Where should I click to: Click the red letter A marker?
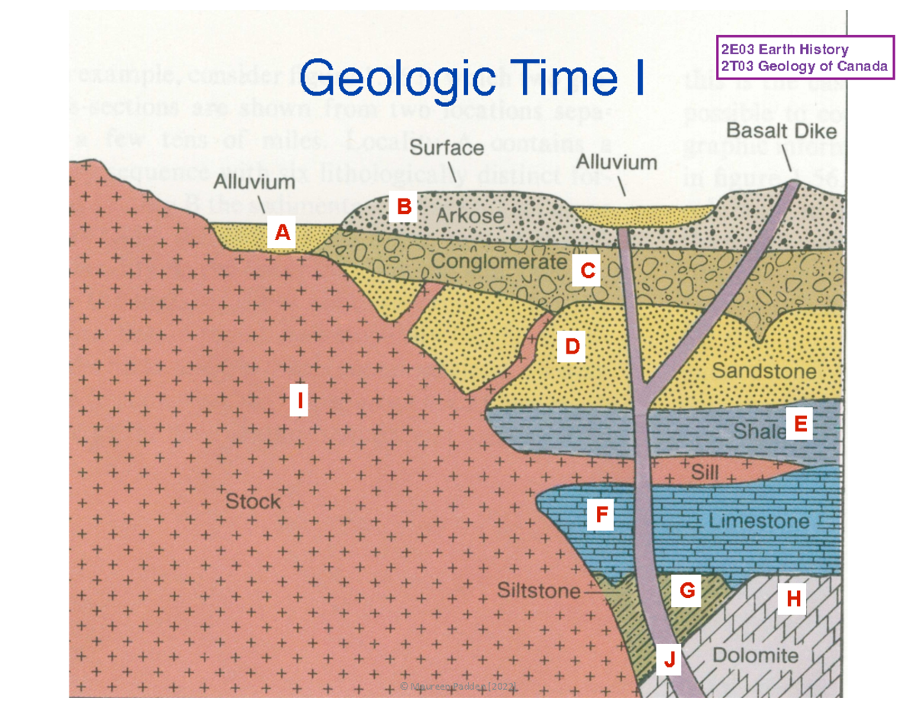(282, 233)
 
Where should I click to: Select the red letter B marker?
(404, 206)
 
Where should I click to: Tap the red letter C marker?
(587, 270)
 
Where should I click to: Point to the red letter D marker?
(572, 347)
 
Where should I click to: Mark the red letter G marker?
(686, 590)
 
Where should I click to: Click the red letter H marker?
(793, 599)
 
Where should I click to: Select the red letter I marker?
(300, 399)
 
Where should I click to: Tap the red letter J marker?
(669, 659)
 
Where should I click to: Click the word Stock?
(253, 502)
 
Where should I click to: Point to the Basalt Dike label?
(781, 131)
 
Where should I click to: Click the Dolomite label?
(755, 655)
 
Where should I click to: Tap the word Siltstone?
(538, 590)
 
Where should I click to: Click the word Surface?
(448, 148)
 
